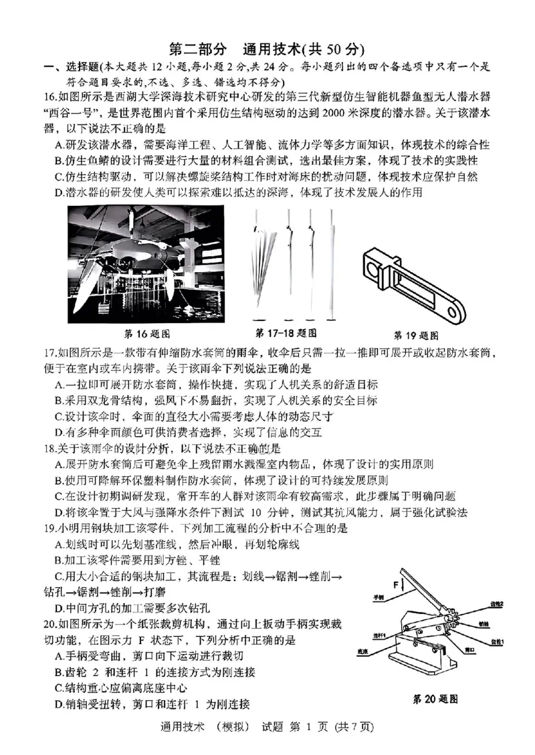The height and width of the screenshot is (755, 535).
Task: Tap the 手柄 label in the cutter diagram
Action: click(379, 597)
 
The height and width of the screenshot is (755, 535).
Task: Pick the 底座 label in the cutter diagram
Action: click(363, 649)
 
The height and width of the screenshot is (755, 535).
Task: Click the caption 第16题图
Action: click(148, 333)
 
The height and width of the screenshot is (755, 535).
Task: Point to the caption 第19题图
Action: click(416, 334)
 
